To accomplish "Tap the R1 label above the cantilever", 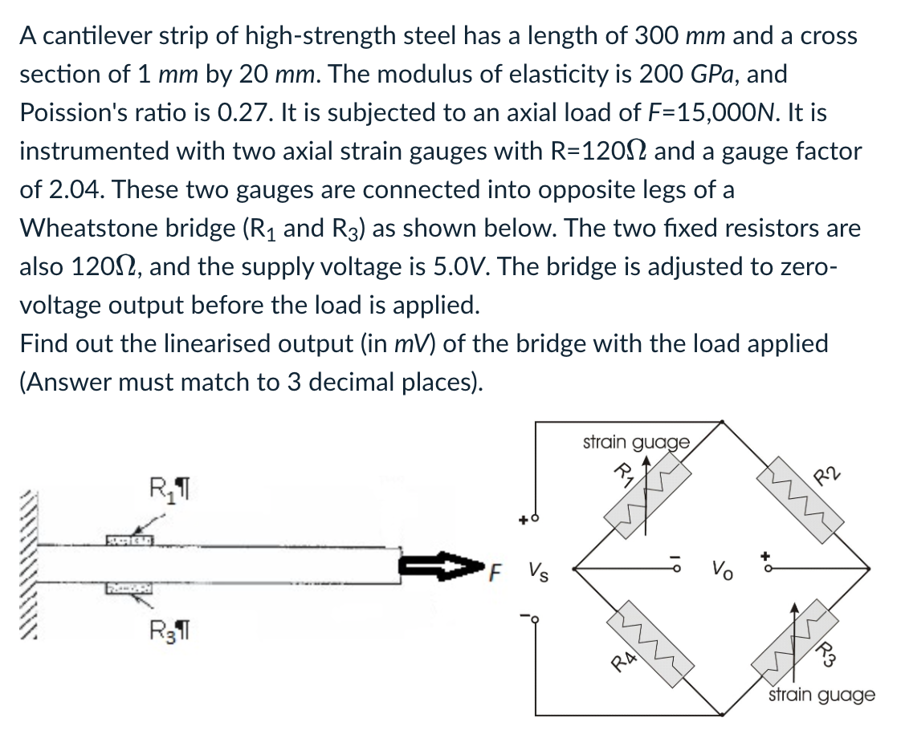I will point(166,487).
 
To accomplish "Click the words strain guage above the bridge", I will point(634,442).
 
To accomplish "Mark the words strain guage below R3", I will point(821,695).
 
